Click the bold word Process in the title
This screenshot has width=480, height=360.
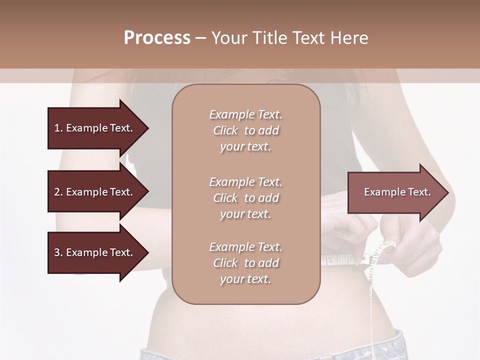pyautogui.click(x=157, y=38)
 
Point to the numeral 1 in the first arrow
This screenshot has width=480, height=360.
pyautogui.click(x=56, y=128)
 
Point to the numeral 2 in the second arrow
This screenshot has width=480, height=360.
pyautogui.click(x=57, y=192)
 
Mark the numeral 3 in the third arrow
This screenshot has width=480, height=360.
pyautogui.click(x=57, y=252)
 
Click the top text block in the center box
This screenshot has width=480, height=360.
pyautogui.click(x=245, y=130)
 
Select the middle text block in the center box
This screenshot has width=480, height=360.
pyautogui.click(x=245, y=198)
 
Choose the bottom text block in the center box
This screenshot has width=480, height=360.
pyautogui.click(x=245, y=263)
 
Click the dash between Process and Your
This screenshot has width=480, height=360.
pyautogui.click(x=200, y=38)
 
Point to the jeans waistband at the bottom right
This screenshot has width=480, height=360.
pyautogui.click(x=400, y=345)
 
